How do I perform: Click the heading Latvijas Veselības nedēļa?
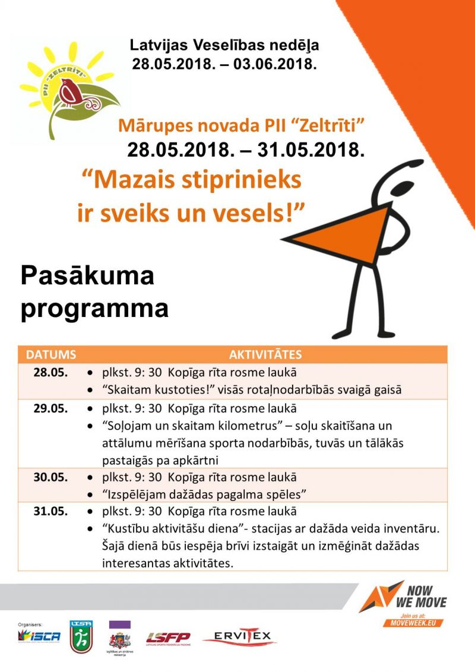coord(229,45)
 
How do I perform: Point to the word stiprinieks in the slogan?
coord(240,179)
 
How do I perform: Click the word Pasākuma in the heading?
coord(87,277)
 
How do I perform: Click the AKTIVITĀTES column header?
coord(265,355)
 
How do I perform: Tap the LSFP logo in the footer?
coord(169,638)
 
